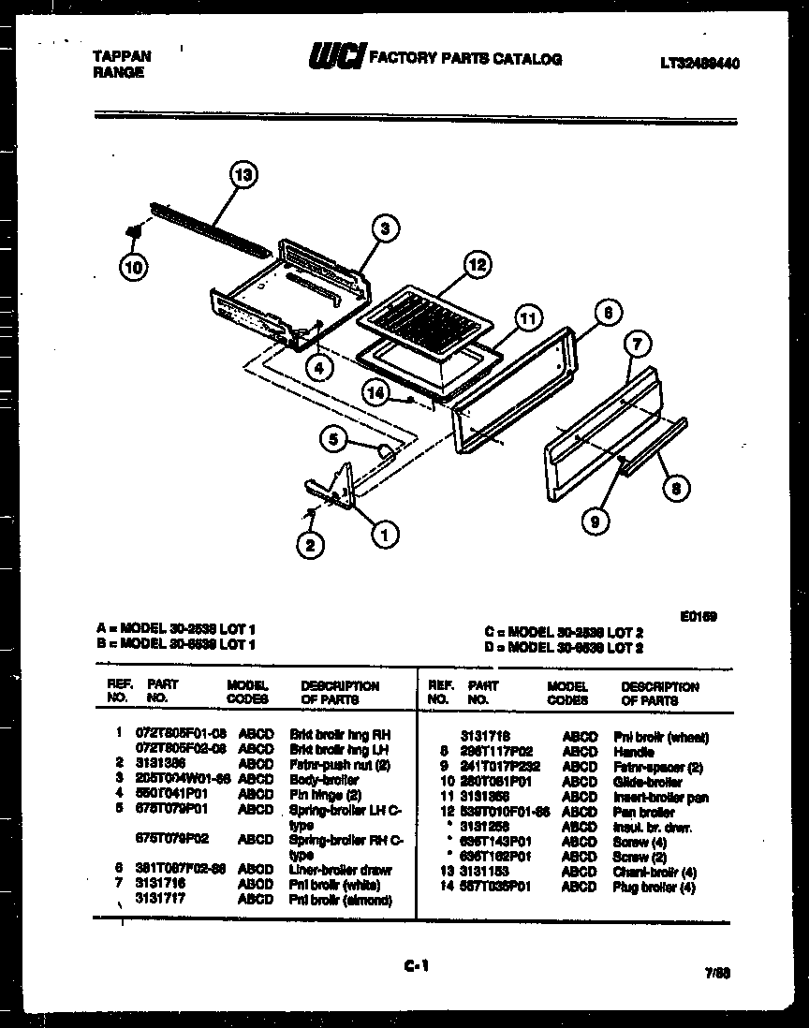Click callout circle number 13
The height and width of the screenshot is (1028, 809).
click(x=243, y=175)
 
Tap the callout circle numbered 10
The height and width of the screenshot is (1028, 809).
click(x=134, y=267)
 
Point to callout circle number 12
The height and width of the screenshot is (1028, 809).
click(x=478, y=266)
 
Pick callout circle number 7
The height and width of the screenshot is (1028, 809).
click(x=637, y=345)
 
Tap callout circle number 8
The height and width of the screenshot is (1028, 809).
click(x=677, y=486)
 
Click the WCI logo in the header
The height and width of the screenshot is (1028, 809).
click(x=334, y=58)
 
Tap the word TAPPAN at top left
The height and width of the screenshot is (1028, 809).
click(x=121, y=56)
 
